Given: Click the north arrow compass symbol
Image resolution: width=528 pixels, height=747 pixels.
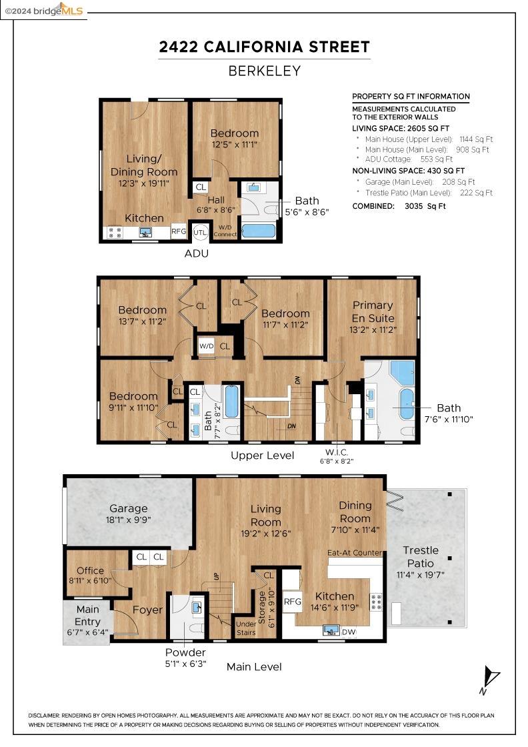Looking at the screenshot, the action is (x=489, y=680).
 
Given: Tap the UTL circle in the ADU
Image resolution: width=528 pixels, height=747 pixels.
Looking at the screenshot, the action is (x=201, y=233).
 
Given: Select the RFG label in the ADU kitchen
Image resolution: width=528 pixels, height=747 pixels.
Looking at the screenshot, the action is (x=179, y=231).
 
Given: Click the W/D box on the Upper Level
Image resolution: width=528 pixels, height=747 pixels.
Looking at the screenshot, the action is (x=207, y=346).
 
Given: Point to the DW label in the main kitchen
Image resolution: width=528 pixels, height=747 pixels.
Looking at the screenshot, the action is (x=349, y=632).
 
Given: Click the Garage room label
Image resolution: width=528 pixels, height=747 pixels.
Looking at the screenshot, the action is (x=129, y=508).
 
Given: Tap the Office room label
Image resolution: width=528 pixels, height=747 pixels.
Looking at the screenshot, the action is (x=90, y=570).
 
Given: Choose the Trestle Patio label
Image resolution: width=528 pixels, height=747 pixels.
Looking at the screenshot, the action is (x=421, y=556).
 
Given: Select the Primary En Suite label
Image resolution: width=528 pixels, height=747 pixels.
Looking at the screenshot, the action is (x=373, y=311).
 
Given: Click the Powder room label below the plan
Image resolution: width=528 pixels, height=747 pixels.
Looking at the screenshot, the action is (x=185, y=652).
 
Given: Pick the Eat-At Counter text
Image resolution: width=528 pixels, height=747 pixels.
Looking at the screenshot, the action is (x=355, y=553).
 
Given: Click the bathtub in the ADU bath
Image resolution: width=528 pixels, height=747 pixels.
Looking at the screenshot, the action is (x=259, y=231).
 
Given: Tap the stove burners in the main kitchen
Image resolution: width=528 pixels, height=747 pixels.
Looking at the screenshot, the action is (x=376, y=602).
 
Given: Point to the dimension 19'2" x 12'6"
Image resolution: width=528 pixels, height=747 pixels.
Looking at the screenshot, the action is (x=265, y=533).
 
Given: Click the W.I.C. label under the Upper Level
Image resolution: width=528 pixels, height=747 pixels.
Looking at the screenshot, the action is (x=337, y=452).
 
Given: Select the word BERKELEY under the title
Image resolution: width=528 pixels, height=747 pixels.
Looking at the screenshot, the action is (x=265, y=71).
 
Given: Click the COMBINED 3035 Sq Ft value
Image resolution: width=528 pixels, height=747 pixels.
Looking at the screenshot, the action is (x=425, y=206).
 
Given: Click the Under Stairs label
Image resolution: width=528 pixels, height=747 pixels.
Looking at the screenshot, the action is (x=246, y=628).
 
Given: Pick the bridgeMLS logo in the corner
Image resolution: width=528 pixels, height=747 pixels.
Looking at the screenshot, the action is (x=44, y=10).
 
